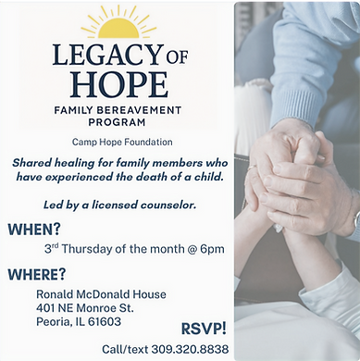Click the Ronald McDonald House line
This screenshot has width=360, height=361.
(95, 294)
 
